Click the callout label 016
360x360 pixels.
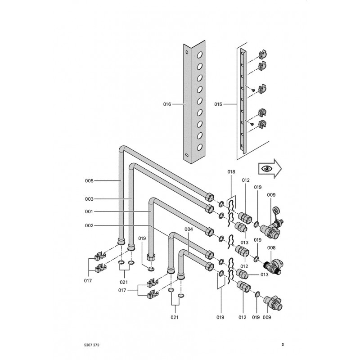click(x=167, y=104)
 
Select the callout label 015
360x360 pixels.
click(x=218, y=104)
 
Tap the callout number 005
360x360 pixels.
click(x=89, y=181)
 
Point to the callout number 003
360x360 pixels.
click(x=89, y=199)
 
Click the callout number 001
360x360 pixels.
click(x=89, y=211)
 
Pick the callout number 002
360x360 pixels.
click(x=89, y=225)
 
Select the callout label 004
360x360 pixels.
click(x=189, y=229)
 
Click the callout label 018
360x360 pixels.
click(x=231, y=172)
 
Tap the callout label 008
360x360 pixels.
click(x=271, y=248)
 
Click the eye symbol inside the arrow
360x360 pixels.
click(x=267, y=168)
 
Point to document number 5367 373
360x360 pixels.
click(x=92, y=345)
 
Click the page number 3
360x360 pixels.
click(x=283, y=345)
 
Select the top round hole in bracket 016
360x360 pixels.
click(x=200, y=54)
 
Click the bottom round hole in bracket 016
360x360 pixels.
click(x=200, y=147)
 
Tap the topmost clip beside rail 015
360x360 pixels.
click(x=263, y=54)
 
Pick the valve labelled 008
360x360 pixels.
click(x=273, y=266)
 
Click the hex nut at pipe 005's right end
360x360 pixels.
click(x=210, y=197)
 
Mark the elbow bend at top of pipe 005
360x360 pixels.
click(x=122, y=149)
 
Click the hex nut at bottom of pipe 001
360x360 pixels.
click(x=150, y=257)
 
